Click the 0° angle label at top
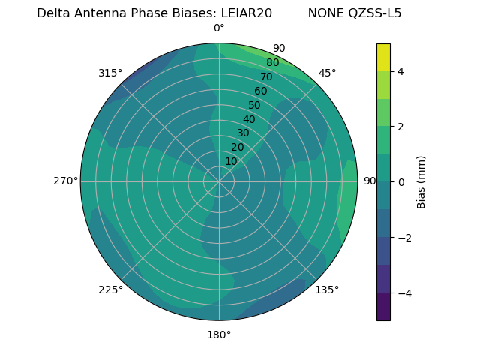point(219,28)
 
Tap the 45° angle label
point(327,73)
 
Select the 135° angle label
point(327,289)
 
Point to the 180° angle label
point(219,334)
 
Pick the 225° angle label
point(110,289)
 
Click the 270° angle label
point(65,181)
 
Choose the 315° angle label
point(110,73)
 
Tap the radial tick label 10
point(231,161)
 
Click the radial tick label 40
point(249,119)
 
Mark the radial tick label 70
point(266,76)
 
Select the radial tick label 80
point(272,62)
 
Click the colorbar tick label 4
point(401,71)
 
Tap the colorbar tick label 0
point(401,182)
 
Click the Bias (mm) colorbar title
point(421,182)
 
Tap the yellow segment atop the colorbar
point(383,58)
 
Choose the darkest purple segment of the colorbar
point(383,307)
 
